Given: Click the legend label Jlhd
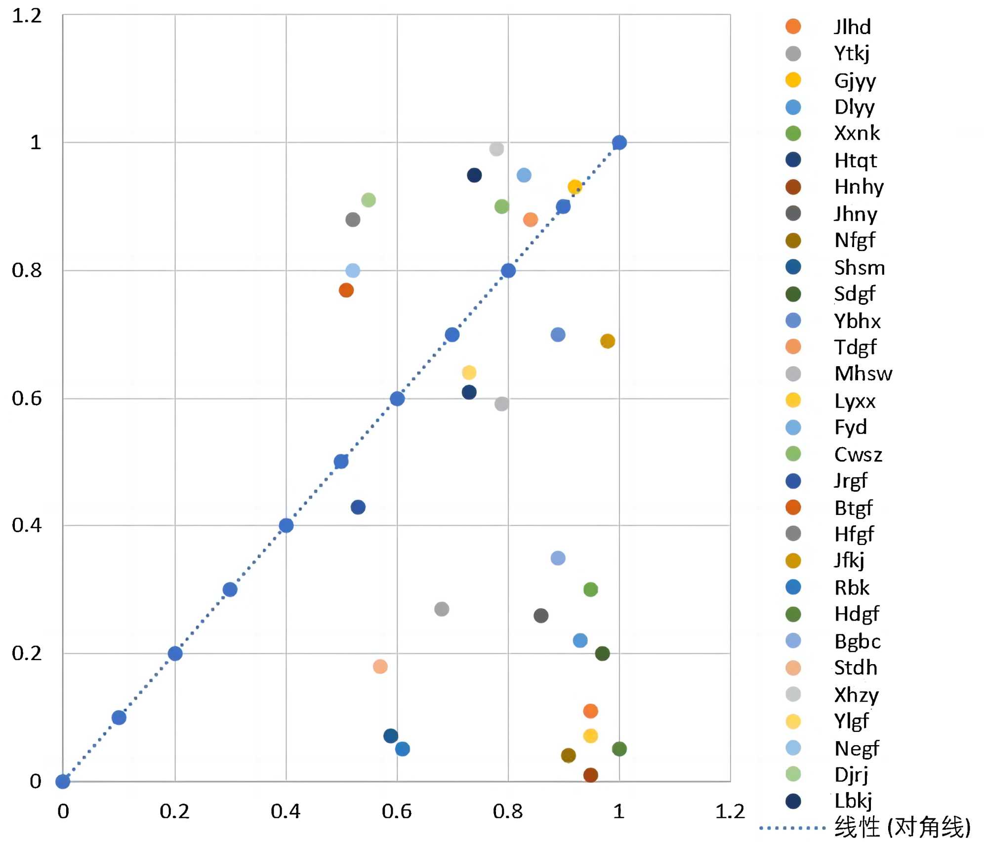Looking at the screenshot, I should [x=852, y=27].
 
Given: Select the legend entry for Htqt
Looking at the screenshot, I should [x=855, y=161].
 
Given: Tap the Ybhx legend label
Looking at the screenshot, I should [x=857, y=321].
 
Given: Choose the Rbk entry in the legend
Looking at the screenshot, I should [x=852, y=588].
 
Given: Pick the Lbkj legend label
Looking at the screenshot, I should [x=853, y=801].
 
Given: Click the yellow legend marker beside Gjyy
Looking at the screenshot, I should [x=793, y=80].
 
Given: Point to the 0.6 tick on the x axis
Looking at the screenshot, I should [x=396, y=811].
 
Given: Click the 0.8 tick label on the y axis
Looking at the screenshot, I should [x=27, y=270].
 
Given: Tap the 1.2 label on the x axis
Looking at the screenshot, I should [x=730, y=811].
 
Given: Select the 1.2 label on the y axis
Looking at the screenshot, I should [x=27, y=16].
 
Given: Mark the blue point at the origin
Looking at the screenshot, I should [x=63, y=781].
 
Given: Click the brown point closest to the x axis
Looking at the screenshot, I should [x=590, y=775].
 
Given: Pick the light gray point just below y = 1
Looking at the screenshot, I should [x=496, y=149].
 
